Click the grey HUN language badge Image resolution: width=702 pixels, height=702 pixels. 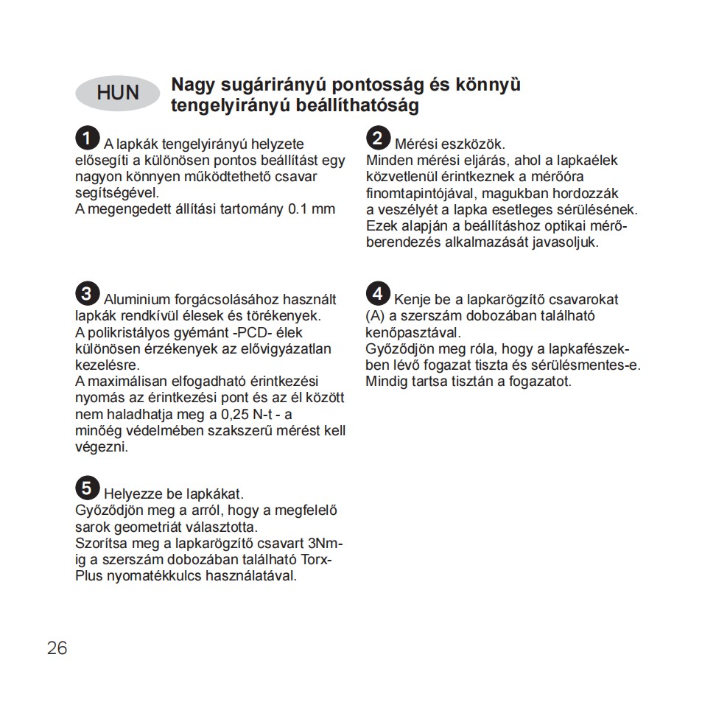(x=118, y=93)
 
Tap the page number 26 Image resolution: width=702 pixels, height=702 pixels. (x=57, y=648)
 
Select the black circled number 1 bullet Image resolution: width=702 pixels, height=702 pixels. (x=86, y=138)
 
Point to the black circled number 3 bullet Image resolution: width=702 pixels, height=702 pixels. (x=86, y=293)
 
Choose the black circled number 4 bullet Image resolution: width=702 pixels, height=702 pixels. (x=377, y=293)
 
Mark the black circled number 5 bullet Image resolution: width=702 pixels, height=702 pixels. (x=86, y=487)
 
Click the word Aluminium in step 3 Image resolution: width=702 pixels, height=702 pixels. (x=136, y=300)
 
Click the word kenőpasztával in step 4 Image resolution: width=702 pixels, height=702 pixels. (x=413, y=332)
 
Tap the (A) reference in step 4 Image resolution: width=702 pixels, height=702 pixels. (x=376, y=316)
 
